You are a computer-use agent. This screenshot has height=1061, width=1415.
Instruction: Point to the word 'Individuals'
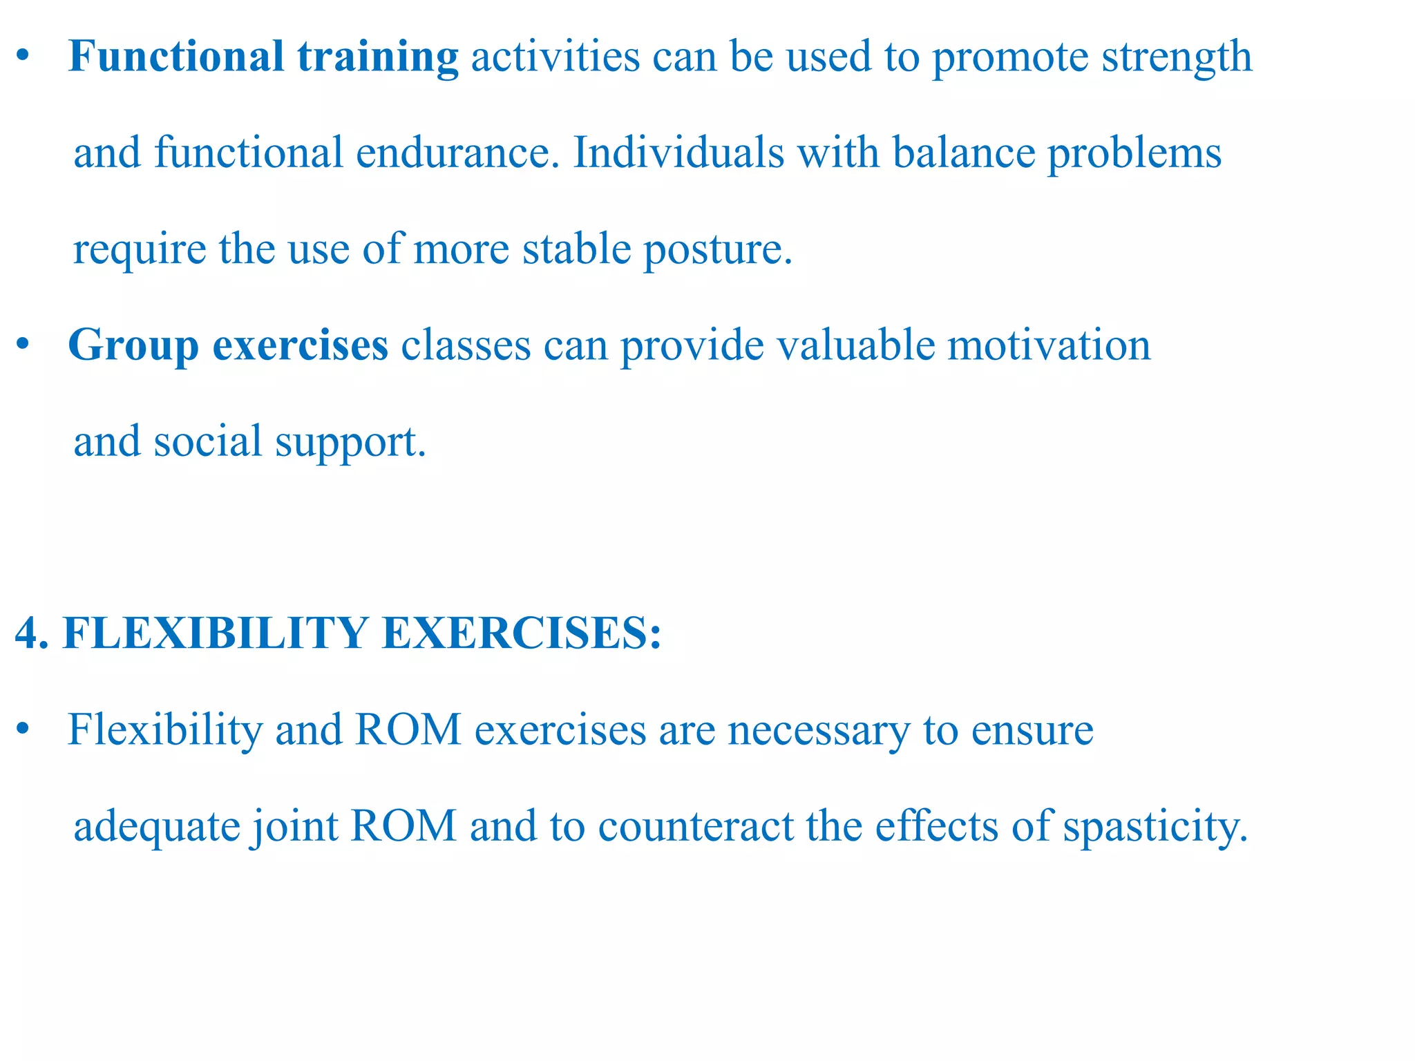(x=678, y=153)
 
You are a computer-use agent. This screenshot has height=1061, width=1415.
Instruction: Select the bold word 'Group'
(x=133, y=346)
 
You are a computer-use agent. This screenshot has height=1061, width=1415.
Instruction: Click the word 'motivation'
(x=1049, y=345)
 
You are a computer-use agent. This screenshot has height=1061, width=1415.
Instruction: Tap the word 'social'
(x=207, y=441)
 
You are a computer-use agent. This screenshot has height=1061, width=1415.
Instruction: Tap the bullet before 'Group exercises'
(x=23, y=345)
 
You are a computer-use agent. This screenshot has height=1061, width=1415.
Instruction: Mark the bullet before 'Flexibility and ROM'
(x=23, y=730)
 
